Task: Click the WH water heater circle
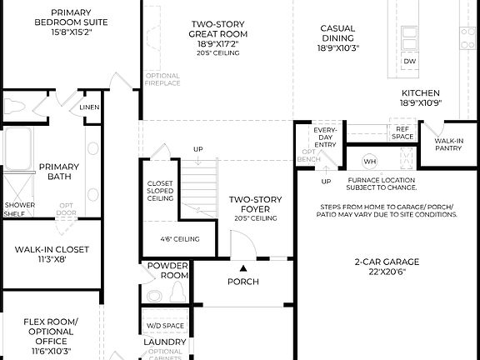pyautogui.click(x=370, y=161)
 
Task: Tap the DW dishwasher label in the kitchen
pyautogui.click(x=409, y=62)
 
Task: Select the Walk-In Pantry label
pyautogui.click(x=448, y=146)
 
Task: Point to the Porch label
pyautogui.click(x=243, y=282)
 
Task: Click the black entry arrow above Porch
pyautogui.click(x=243, y=268)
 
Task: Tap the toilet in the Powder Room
pyautogui.click(x=177, y=292)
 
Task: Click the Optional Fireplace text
pyautogui.click(x=162, y=79)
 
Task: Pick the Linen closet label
pyautogui.click(x=89, y=107)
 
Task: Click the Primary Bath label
pyautogui.click(x=59, y=171)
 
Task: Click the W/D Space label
pyautogui.click(x=164, y=325)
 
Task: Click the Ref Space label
pyautogui.click(x=403, y=132)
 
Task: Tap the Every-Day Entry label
pyautogui.click(x=325, y=137)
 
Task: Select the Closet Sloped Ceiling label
pyautogui.click(x=160, y=191)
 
